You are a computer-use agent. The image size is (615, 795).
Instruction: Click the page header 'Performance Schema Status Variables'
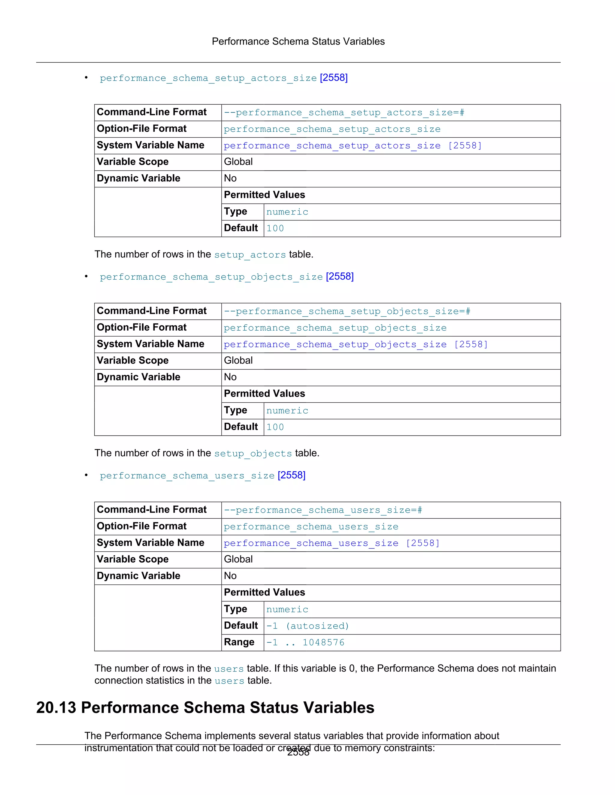coord(298,41)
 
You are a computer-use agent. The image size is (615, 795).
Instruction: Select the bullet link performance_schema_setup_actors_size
coord(208,78)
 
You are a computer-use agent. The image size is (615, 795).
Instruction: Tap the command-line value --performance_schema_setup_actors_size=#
coord(344,113)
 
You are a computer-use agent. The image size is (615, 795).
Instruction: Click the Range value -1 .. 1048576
coord(305,643)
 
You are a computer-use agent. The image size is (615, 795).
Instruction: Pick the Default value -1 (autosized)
coord(307,626)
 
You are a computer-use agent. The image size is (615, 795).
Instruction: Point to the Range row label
coord(239,643)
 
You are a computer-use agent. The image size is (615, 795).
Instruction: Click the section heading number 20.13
coord(56,708)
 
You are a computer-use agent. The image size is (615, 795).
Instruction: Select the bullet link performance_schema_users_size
coord(187,476)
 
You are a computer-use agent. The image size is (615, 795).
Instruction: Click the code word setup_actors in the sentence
coord(250,255)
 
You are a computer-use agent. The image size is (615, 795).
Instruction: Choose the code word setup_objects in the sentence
coord(253,454)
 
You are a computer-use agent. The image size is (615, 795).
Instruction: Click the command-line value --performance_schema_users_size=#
coord(323,510)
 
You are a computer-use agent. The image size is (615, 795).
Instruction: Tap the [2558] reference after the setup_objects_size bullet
coord(340,277)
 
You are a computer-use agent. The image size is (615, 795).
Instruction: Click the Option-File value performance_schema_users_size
coord(311,527)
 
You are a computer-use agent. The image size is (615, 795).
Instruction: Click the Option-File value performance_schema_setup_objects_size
coord(335,328)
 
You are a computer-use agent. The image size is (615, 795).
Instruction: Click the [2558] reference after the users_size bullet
coord(292,475)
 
